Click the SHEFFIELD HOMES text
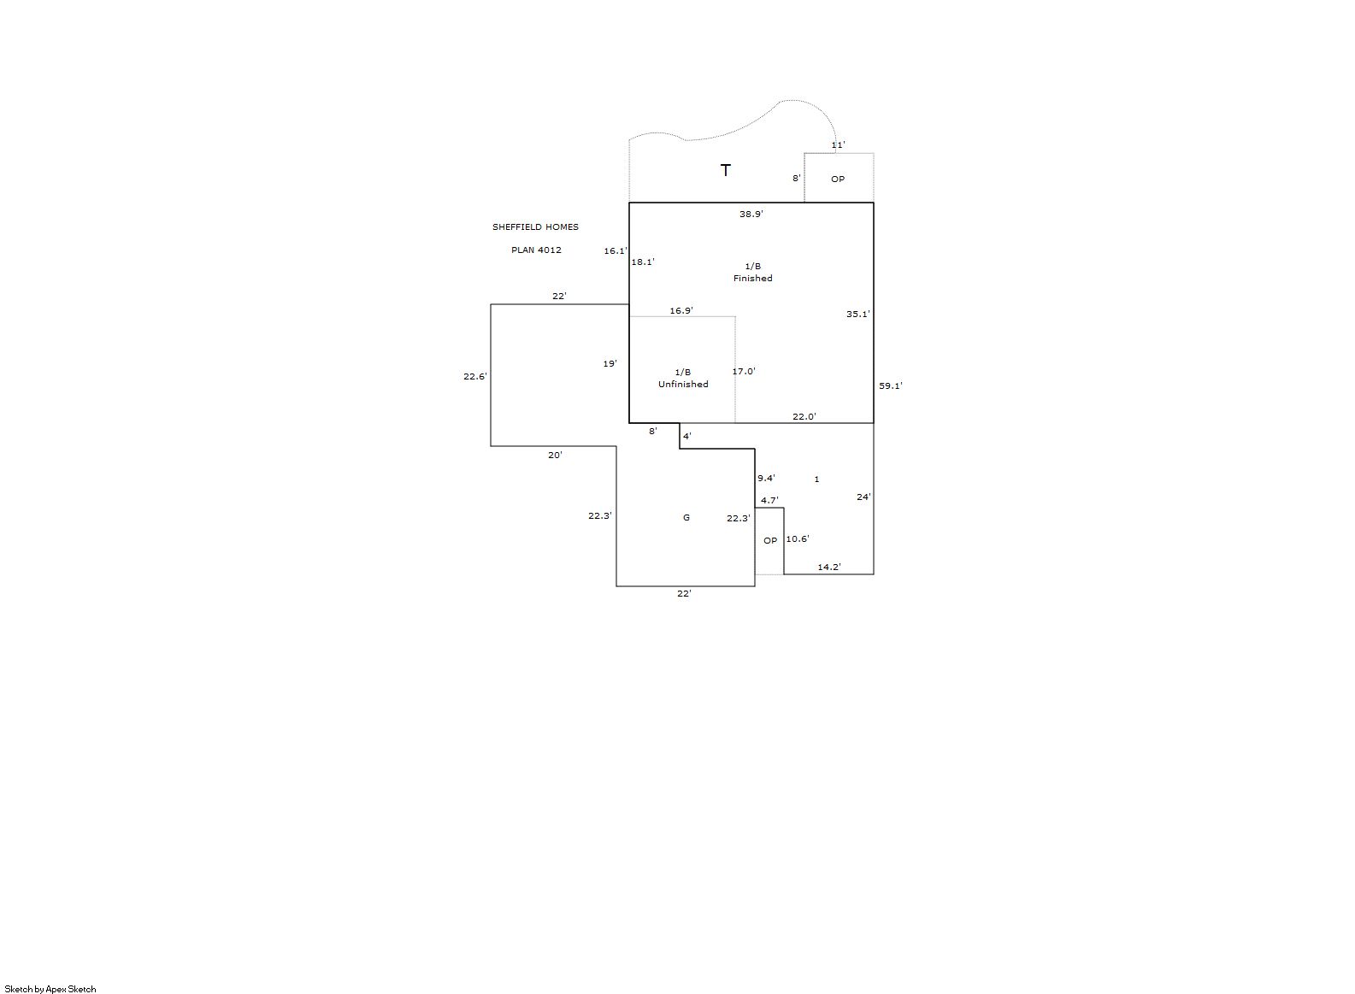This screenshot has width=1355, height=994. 535,226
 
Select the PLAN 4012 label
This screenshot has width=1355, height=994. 536,250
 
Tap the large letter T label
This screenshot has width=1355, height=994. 725,170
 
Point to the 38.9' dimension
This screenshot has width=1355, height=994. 751,214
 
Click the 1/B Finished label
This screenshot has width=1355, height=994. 752,272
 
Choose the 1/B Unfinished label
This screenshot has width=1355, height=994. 683,378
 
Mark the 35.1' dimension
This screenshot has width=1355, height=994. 857,314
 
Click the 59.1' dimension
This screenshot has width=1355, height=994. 891,385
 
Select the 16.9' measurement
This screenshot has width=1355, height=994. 681,310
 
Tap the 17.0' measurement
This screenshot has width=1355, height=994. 744,371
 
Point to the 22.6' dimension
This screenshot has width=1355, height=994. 475,376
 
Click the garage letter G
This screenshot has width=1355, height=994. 686,517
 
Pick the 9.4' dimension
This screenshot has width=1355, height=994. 767,478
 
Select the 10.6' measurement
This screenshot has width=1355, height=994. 798,538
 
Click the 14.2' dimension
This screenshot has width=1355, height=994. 829,567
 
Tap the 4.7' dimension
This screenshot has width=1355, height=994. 769,500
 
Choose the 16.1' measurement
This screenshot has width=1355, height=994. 616,250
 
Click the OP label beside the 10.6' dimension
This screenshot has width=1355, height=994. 770,540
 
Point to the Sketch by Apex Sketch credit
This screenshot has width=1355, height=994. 50,989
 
